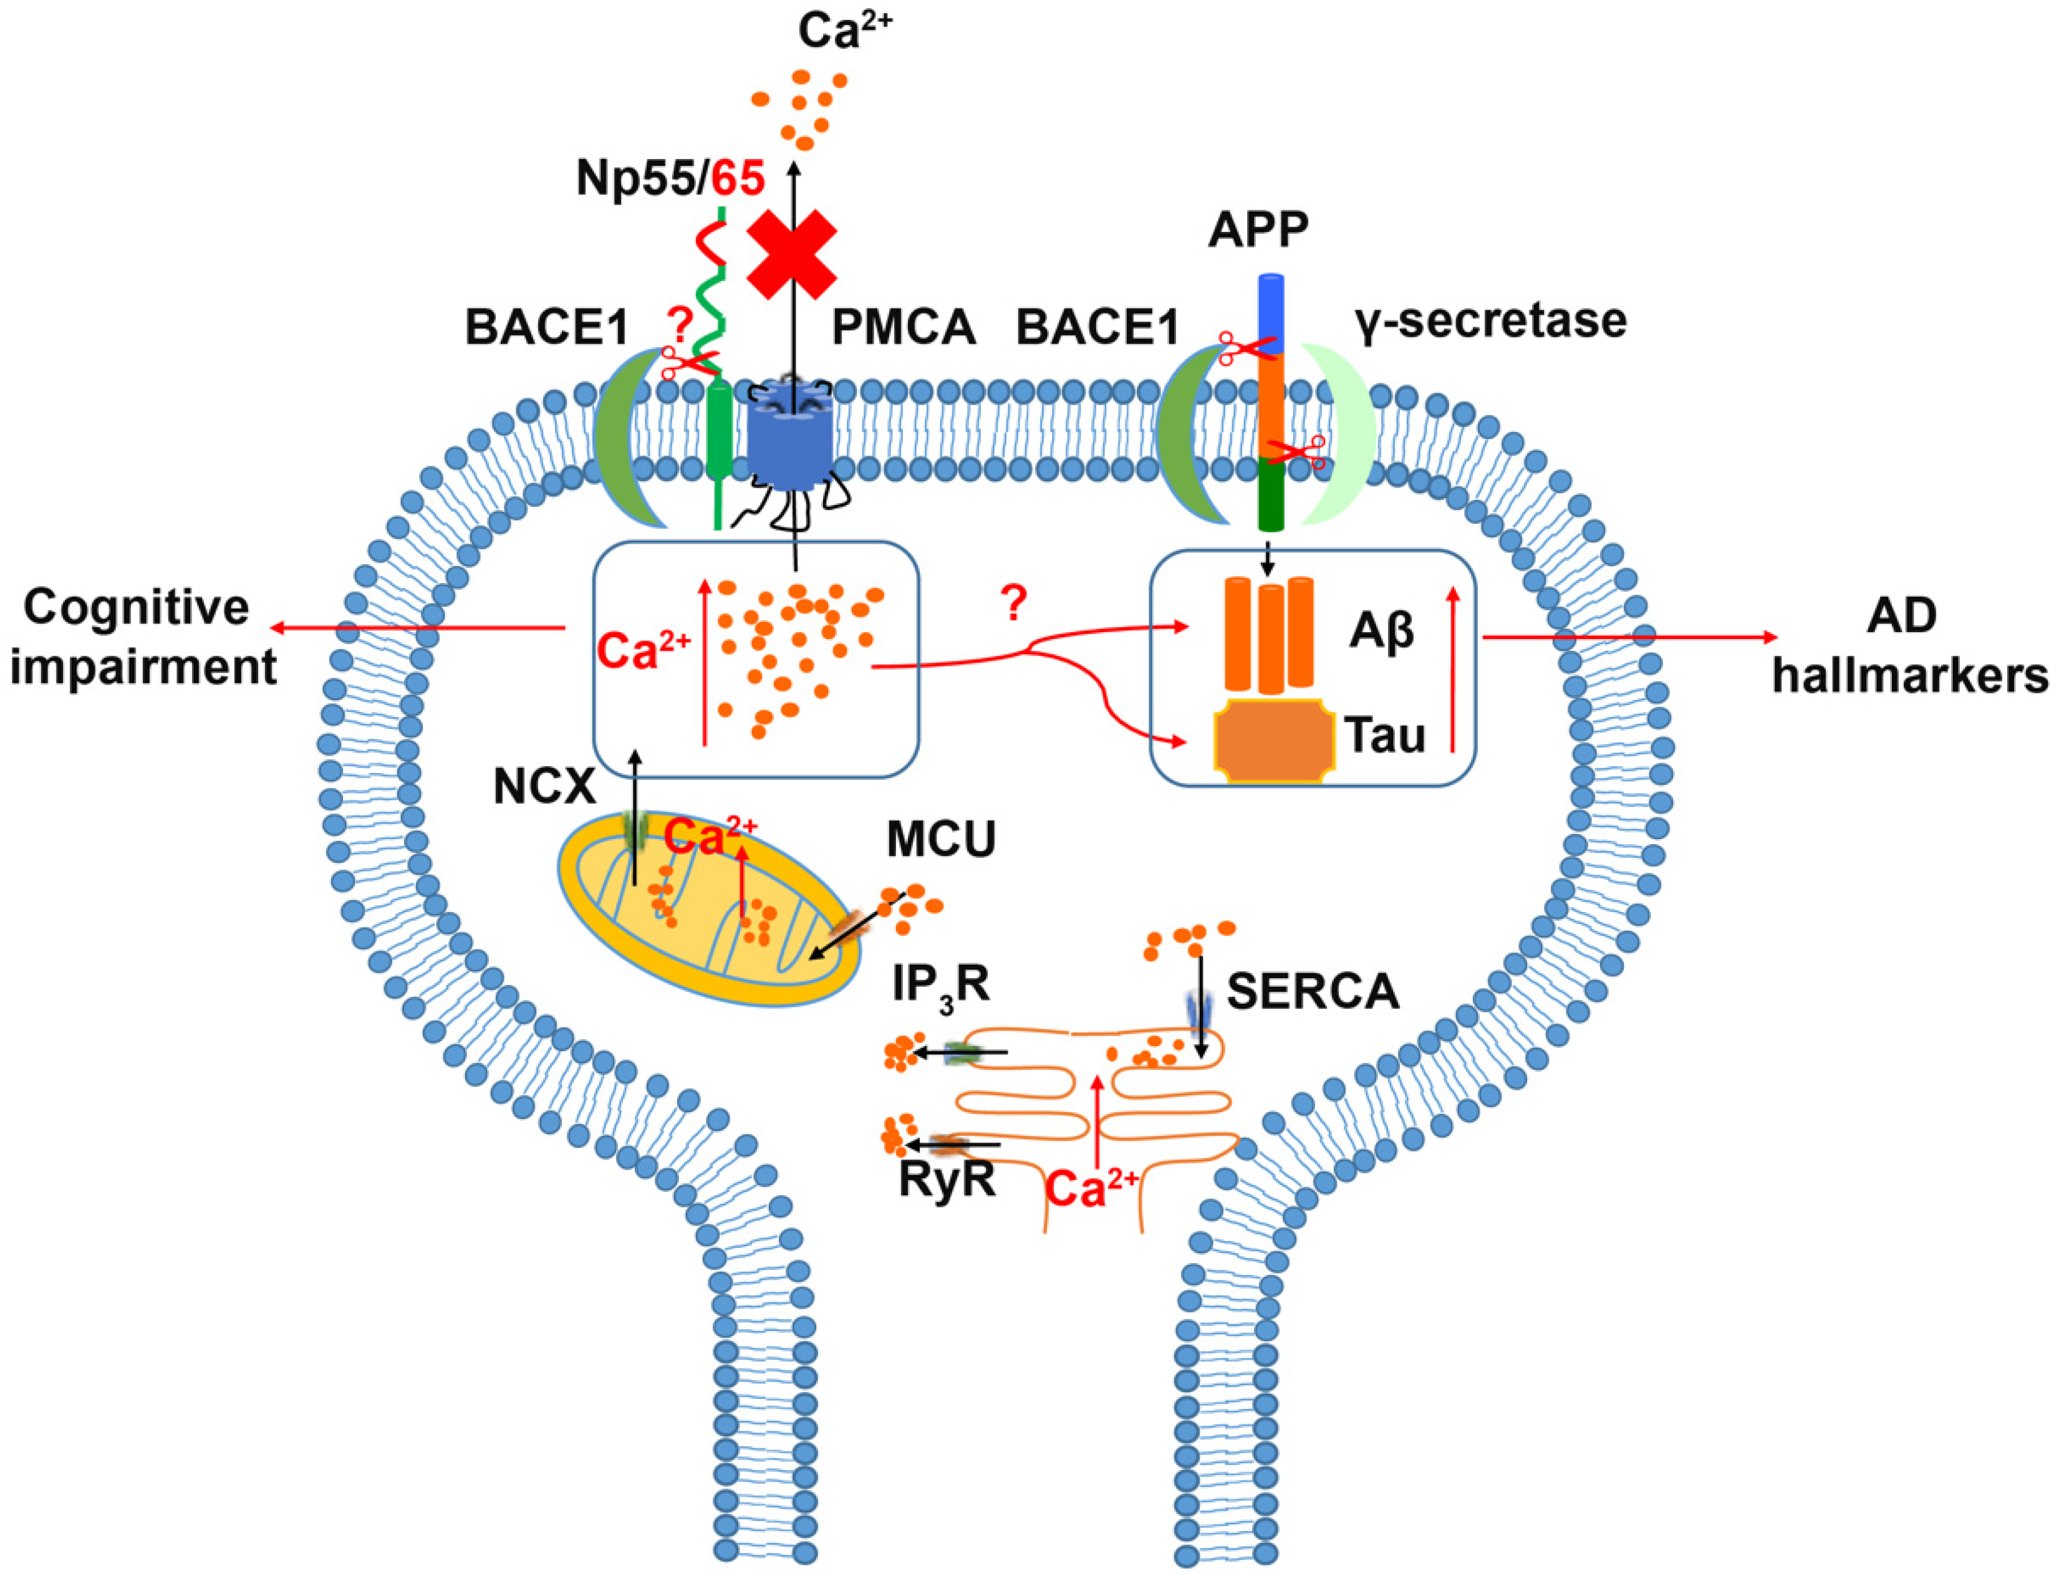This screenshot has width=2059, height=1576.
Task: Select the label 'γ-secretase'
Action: pyautogui.click(x=1490, y=322)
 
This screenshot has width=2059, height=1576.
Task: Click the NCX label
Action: pyautogui.click(x=544, y=787)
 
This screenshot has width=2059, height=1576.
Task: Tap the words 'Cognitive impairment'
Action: pyautogui.click(x=143, y=638)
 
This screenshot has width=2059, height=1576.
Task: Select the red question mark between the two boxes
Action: pyautogui.click(x=1013, y=605)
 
